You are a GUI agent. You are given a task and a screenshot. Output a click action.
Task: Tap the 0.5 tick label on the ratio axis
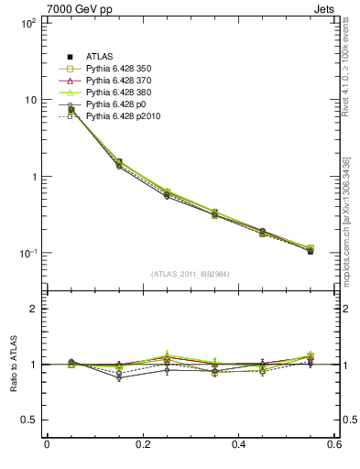29,420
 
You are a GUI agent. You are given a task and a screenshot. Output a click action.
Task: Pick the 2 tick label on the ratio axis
33,309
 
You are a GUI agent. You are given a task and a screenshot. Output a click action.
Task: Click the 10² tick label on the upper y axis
27,23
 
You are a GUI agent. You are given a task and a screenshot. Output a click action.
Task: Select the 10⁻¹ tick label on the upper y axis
27,254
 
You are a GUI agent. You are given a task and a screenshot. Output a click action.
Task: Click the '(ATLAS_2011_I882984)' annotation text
191,273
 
